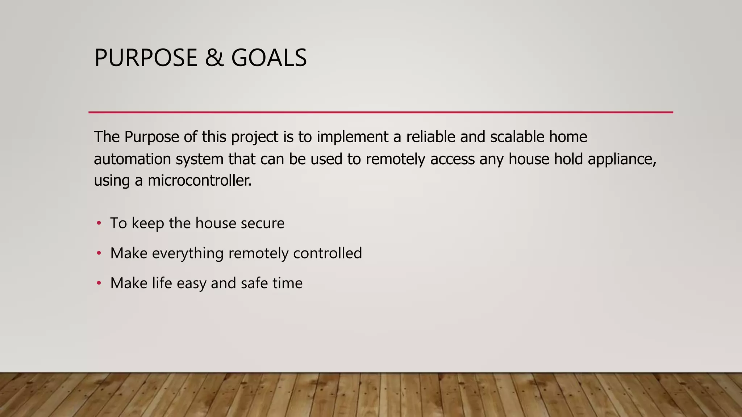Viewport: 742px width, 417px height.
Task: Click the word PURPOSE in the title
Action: click(146, 58)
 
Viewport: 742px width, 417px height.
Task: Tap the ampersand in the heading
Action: click(214, 58)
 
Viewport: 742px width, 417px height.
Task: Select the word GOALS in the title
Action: click(269, 58)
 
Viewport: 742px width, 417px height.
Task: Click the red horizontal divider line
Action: click(380, 112)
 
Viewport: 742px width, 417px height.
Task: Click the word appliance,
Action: click(622, 159)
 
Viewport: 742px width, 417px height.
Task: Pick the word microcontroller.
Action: click(199, 180)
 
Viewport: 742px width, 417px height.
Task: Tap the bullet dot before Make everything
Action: click(99, 253)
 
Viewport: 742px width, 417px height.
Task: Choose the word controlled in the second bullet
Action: click(327, 253)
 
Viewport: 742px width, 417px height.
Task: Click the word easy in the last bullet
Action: click(191, 283)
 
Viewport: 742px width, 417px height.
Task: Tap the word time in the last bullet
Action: click(287, 283)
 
